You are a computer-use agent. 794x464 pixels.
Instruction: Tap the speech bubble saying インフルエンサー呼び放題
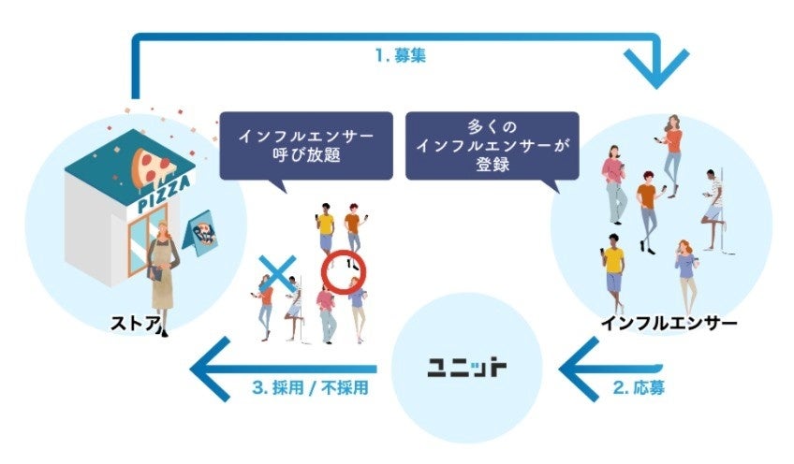(295, 144)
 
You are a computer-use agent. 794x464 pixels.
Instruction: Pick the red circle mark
(345, 272)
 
